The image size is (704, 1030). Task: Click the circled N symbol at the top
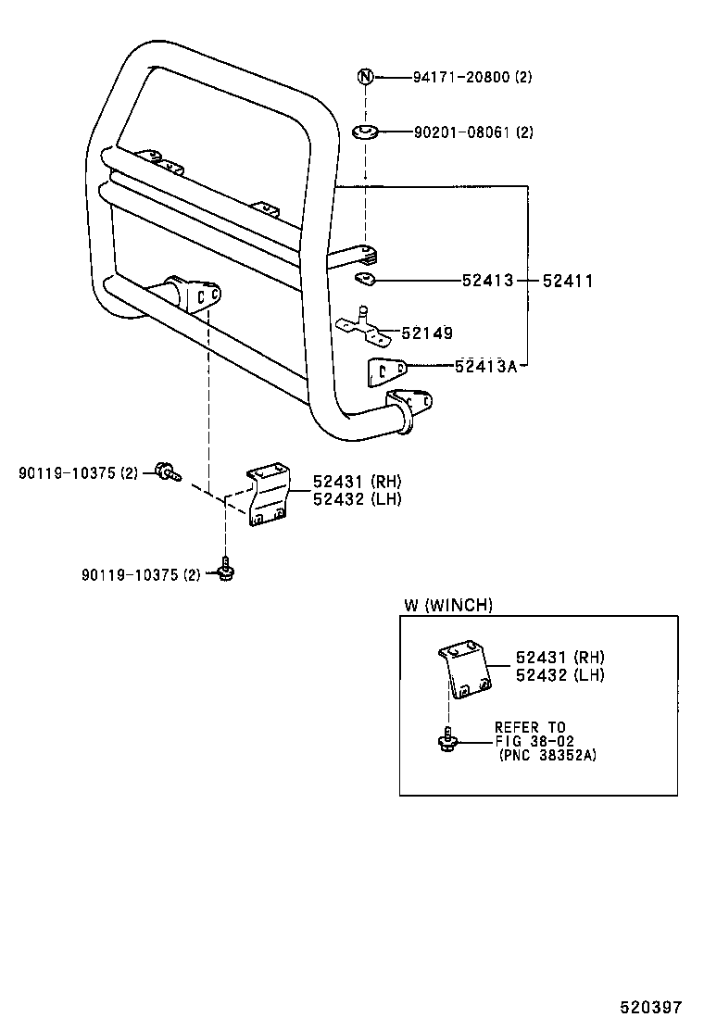coord(365,77)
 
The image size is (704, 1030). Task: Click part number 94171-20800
coord(460,78)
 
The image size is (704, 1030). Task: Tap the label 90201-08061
coord(460,132)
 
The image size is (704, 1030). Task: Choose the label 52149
coord(427,333)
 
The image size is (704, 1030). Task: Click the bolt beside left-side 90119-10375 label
coord(167,472)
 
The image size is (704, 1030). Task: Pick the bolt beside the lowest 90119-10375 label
coord(225,570)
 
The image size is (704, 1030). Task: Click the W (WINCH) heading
coord(447,606)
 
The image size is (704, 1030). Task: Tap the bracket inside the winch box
coord(464,672)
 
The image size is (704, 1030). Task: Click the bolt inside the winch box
coord(447,739)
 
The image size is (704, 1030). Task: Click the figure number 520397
coord(651,1007)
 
